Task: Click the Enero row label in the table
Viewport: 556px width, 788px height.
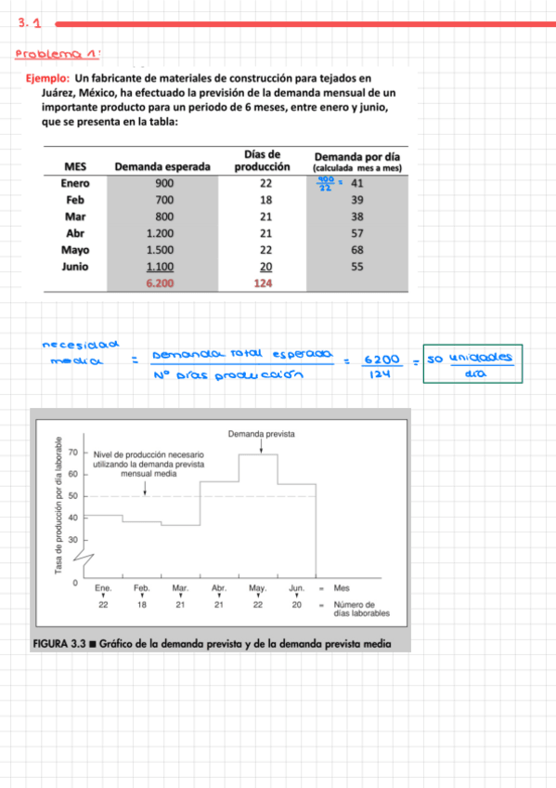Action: tap(75, 184)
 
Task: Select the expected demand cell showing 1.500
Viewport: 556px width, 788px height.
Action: tap(162, 250)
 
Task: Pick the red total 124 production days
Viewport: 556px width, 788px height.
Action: tap(265, 283)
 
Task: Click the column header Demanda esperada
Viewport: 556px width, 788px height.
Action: tap(162, 166)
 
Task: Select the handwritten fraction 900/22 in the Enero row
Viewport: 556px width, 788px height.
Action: tap(326, 184)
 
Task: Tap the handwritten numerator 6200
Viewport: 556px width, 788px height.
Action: tap(377, 359)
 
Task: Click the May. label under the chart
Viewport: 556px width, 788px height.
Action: tap(258, 588)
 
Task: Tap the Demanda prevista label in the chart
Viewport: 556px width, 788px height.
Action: tap(261, 434)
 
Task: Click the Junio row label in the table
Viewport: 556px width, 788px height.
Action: tap(75, 267)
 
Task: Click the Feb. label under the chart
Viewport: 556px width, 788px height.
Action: tap(141, 588)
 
